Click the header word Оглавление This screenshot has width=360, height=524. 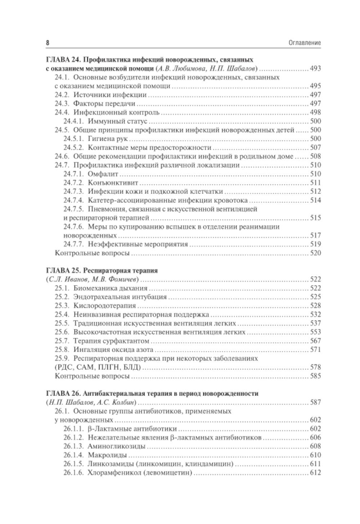[x=305, y=43]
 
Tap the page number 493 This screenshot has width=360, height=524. [x=315, y=68]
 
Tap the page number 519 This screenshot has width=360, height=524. [x=315, y=244]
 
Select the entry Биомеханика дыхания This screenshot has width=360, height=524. [x=110, y=288]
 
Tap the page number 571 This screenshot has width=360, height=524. [x=315, y=349]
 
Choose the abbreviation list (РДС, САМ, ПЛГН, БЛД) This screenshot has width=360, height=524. [x=98, y=367]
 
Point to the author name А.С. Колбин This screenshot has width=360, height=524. [x=116, y=402]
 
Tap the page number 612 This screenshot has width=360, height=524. [x=315, y=473]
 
